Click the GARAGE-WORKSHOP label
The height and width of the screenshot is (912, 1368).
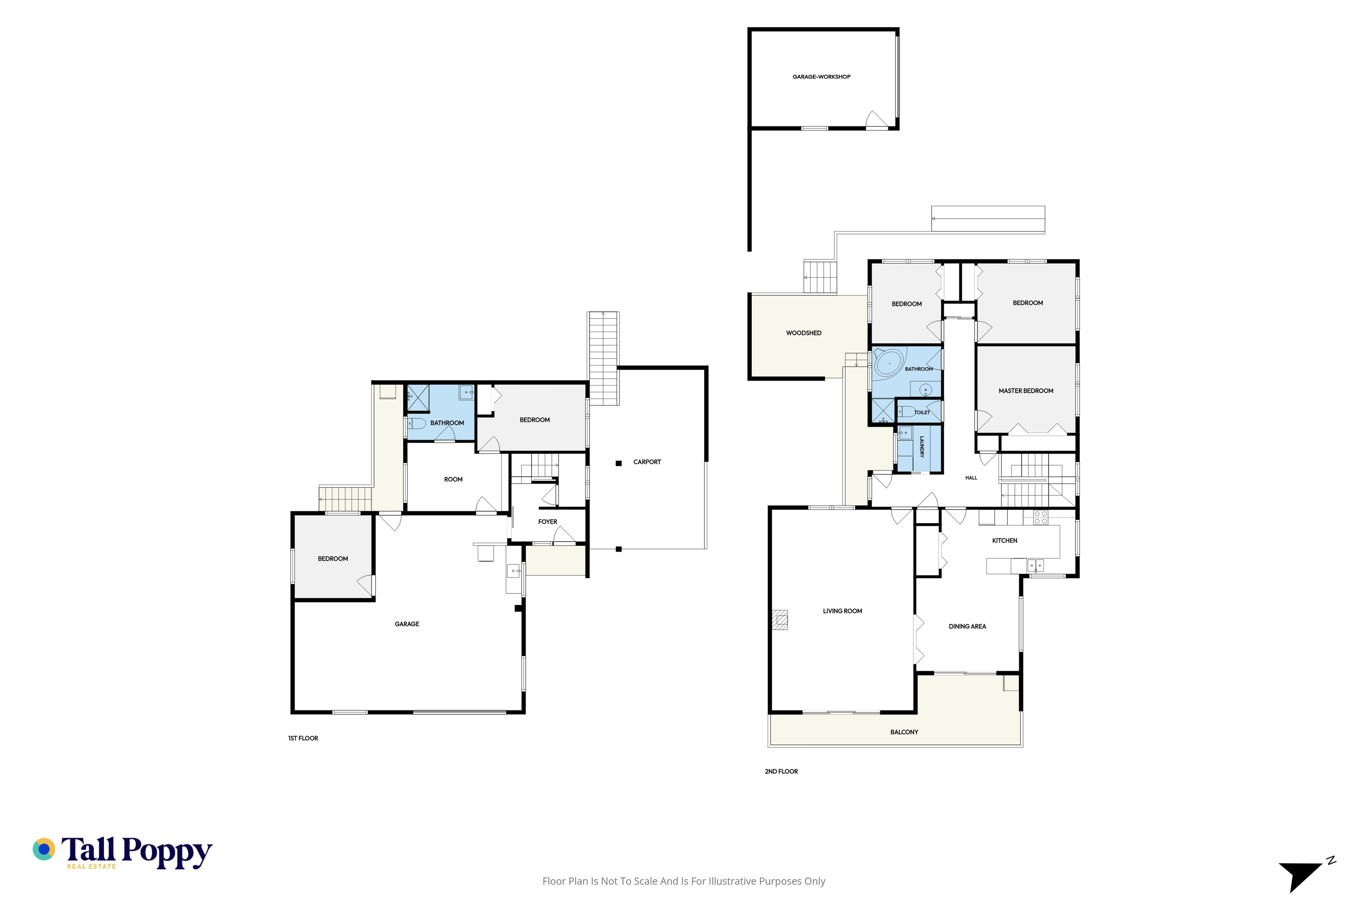821,77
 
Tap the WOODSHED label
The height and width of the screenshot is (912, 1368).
804,333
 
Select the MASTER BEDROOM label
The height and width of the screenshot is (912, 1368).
1026,391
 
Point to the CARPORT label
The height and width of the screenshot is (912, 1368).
647,462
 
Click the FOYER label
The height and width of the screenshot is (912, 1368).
548,522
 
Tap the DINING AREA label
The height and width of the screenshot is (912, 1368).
967,626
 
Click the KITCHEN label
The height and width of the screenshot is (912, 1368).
1005,540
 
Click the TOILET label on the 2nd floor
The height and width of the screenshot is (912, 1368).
922,413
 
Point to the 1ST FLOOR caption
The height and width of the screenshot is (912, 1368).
303,738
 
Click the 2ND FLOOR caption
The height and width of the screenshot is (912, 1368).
781,771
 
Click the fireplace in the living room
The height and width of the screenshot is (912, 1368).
780,620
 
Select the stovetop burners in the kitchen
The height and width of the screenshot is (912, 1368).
1041,518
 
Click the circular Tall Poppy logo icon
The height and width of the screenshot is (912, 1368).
43,849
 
